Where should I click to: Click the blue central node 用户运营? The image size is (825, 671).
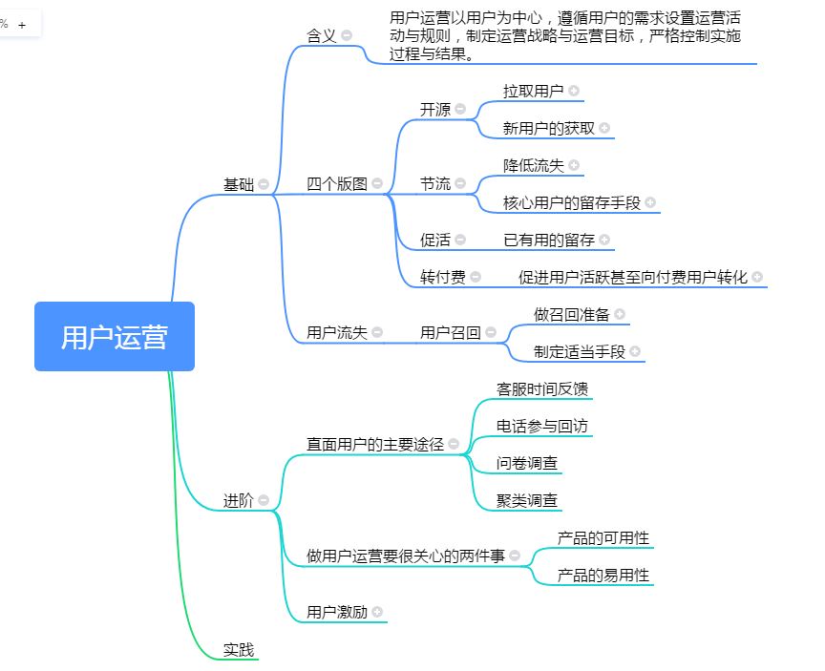pos(115,337)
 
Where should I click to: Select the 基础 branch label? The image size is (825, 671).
pos(238,184)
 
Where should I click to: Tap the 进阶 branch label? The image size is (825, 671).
pos(238,500)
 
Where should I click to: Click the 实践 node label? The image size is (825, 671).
pos(239,650)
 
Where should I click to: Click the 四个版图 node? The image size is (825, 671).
pos(336,183)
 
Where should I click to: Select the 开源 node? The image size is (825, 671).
pos(434,109)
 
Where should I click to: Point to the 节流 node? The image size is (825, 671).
pos(434,183)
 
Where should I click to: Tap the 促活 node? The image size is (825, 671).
pos(434,240)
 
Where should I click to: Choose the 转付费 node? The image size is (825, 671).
pos(443,277)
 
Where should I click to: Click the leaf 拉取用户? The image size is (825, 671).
pos(533,91)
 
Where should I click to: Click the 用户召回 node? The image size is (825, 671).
pos(450,332)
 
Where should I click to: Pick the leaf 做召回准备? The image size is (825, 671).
pos(571,313)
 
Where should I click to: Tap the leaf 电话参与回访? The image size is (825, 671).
pos(541,425)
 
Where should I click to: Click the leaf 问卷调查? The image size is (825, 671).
pos(527,463)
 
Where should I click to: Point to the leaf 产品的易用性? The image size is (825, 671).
pos(603,575)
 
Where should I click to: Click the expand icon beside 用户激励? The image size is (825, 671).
pos(377,612)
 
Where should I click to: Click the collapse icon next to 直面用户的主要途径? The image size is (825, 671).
pos(454,444)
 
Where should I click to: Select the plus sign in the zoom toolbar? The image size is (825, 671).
pos(22,25)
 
